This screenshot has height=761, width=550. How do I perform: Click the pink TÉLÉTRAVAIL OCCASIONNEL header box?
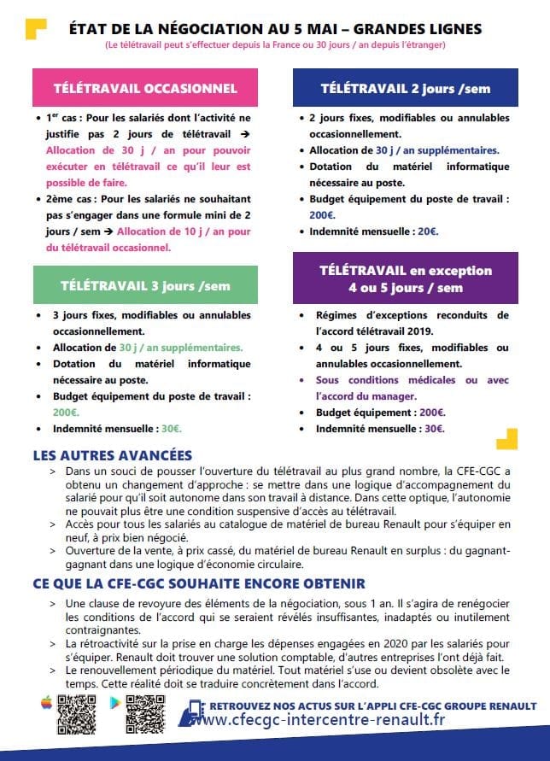(x=145, y=88)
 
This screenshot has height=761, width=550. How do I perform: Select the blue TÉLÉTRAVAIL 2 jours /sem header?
(x=405, y=88)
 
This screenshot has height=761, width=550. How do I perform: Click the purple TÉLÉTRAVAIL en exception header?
(x=405, y=278)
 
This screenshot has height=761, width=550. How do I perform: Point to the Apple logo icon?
(x=46, y=702)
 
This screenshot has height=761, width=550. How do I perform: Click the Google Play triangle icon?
(x=114, y=702)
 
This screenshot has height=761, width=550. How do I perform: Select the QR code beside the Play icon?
(x=145, y=713)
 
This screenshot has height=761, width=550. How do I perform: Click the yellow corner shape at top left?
(x=36, y=29)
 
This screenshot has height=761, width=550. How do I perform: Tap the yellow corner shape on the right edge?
(x=508, y=438)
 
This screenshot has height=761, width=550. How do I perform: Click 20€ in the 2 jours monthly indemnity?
(x=427, y=231)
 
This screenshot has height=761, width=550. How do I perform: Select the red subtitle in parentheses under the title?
(x=275, y=44)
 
